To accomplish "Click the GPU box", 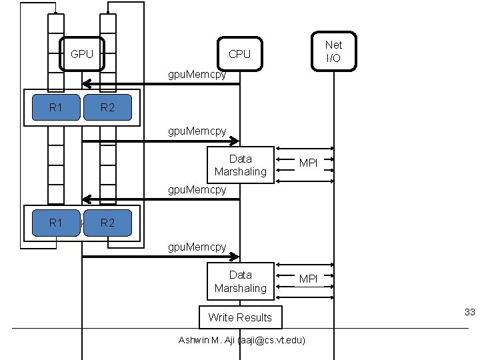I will [82, 54].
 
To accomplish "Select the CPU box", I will [239, 54].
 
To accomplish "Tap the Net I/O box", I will [333, 51].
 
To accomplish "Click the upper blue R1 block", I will [56, 107].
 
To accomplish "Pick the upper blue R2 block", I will [107, 107].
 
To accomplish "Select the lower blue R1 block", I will [56, 223].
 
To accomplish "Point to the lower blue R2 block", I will [107, 223].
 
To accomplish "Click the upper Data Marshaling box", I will [240, 165].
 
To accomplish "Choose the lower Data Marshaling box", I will [240, 281].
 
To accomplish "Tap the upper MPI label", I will [308, 163].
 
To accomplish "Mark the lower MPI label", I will [308, 279].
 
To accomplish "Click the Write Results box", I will [240, 317].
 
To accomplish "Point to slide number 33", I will [469, 312].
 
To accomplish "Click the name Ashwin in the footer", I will [195, 340].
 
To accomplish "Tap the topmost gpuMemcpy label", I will [197, 75].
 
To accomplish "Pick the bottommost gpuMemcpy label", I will [197, 247].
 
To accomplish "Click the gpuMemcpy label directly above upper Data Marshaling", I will [197, 132].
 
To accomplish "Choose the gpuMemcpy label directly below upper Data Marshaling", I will [197, 190].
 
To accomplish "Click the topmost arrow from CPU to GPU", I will [160, 84].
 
